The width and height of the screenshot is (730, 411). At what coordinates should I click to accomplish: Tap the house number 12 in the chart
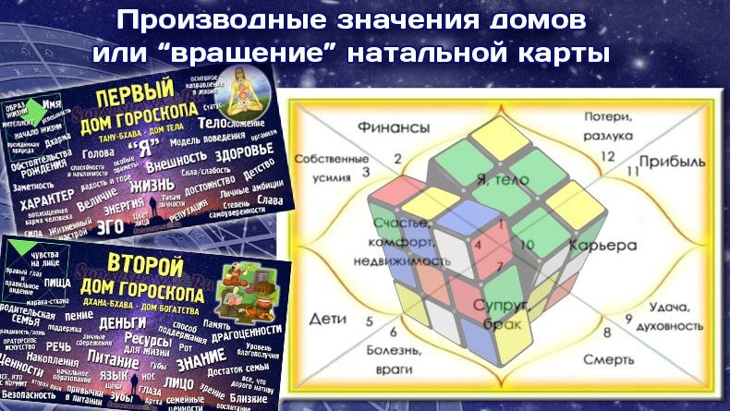(x=607, y=156)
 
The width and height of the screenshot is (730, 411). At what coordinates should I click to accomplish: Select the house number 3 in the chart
(x=365, y=173)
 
